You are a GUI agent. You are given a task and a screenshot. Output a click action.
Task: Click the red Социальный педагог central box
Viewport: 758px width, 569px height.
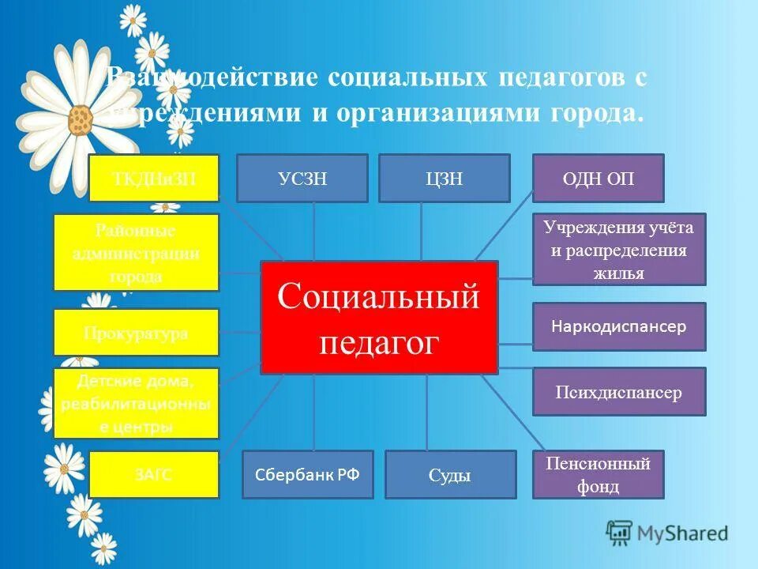tap(379, 317)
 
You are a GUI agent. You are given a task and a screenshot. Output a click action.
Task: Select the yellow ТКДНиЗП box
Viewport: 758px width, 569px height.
tap(153, 178)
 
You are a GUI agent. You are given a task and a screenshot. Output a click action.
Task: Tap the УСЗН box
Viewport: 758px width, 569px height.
tap(302, 178)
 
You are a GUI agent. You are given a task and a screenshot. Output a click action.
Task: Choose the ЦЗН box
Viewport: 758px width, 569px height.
tap(444, 178)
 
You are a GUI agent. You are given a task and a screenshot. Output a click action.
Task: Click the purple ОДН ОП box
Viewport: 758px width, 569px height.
tap(599, 178)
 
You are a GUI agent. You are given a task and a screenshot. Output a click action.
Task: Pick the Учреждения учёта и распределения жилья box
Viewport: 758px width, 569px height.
tap(619, 249)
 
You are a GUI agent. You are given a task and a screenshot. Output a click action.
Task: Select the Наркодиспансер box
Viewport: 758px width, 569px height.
tap(619, 326)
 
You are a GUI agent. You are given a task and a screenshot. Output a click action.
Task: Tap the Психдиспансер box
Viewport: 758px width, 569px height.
tap(619, 392)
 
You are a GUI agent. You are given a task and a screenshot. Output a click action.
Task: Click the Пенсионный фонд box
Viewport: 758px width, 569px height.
tap(599, 474)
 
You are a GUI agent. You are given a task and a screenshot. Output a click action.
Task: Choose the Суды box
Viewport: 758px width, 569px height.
tap(450, 474)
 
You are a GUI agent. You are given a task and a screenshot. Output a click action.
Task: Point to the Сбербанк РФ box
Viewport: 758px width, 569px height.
tap(307, 474)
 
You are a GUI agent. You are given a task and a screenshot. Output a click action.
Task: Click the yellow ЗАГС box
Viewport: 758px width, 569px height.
tap(153, 474)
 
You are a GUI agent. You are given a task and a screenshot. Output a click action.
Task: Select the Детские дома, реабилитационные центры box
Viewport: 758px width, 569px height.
tap(136, 403)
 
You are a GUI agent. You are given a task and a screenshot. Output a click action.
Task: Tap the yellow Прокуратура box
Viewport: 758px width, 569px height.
tap(136, 332)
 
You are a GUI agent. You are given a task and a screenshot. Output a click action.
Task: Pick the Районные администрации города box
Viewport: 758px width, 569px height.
tap(136, 252)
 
